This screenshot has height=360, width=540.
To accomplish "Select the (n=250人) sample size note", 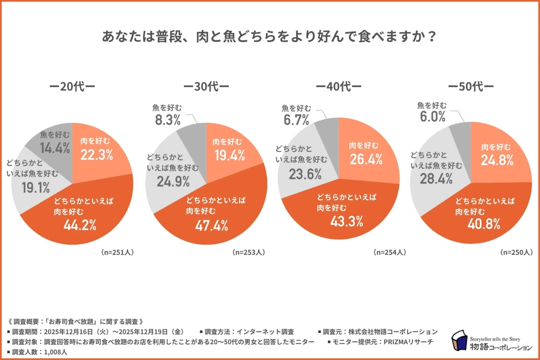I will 517,252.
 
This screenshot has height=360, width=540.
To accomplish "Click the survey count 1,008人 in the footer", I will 57,352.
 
